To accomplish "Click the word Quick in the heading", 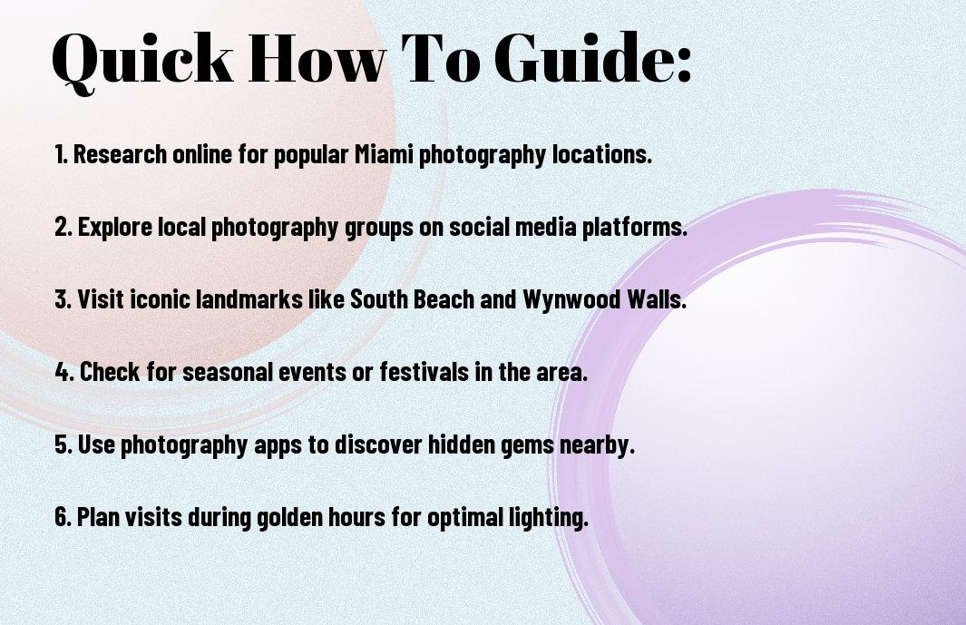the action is [x=142, y=60].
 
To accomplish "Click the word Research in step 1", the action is [x=120, y=154].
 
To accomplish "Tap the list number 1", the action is [x=61, y=154].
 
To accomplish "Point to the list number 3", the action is [x=63, y=299].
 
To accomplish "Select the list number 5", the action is [x=63, y=444].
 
